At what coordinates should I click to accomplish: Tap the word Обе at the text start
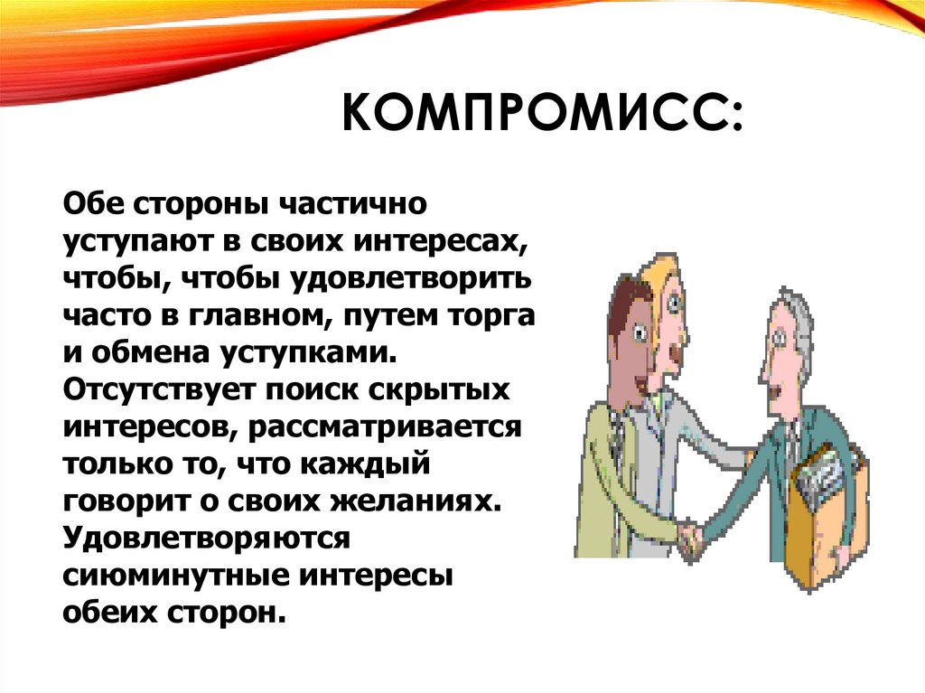(x=93, y=203)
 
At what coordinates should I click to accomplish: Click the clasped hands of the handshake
(x=692, y=539)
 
